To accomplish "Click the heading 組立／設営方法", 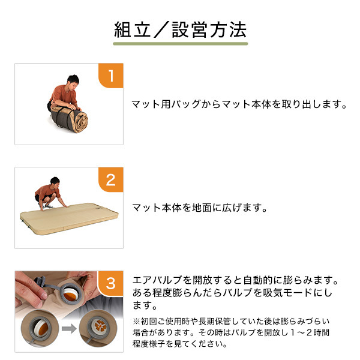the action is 180,30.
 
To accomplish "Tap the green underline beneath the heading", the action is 180,44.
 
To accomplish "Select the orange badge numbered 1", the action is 111,76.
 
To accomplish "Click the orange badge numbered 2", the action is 111,180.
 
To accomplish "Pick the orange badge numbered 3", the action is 111,284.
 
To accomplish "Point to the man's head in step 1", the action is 73,82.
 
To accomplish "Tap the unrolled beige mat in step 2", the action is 69,218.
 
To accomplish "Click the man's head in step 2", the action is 55,182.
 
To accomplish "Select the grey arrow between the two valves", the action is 69,329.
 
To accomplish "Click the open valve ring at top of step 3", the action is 71,293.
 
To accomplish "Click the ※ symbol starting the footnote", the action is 136,321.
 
